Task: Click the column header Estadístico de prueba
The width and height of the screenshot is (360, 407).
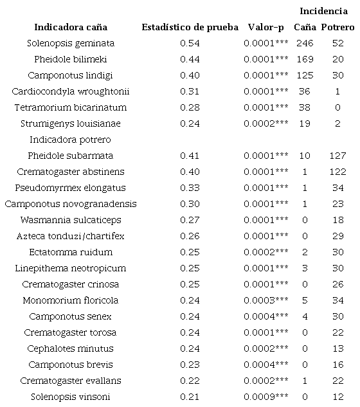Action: pos(191,28)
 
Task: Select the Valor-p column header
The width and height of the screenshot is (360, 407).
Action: pos(265,28)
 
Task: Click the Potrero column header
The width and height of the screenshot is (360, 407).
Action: pos(337,28)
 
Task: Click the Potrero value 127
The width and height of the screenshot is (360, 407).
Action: pos(337,156)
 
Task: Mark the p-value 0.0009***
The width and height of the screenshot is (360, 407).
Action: pos(265,397)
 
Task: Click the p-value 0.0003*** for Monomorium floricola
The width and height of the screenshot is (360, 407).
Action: pos(265,300)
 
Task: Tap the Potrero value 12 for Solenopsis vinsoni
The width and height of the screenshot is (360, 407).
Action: pos(337,397)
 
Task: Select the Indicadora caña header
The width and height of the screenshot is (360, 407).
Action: pos(71,28)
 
